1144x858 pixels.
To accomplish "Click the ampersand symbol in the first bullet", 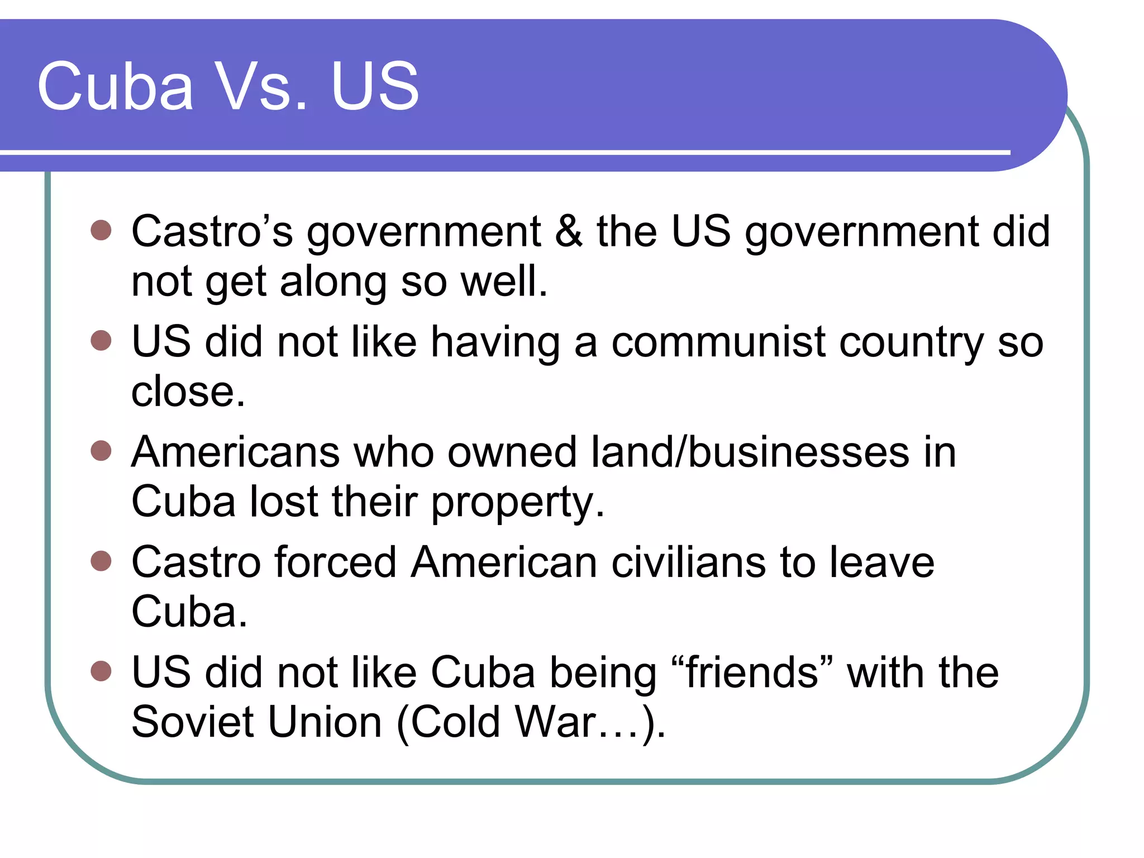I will pos(569,231).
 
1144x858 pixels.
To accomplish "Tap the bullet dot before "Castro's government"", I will pos(101,230).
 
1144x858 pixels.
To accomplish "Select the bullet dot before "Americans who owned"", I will pos(101,450).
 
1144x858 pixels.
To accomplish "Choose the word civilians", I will pos(688,562).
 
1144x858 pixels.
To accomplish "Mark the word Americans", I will pos(235,452).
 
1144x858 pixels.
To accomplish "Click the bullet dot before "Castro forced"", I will pos(101,560).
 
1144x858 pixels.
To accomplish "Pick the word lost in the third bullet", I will pos(283,501).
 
